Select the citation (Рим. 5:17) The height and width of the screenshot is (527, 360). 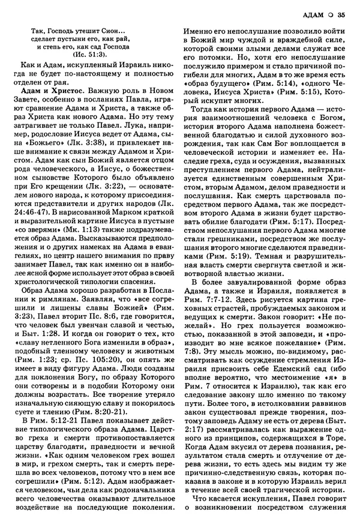coord(300,222)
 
